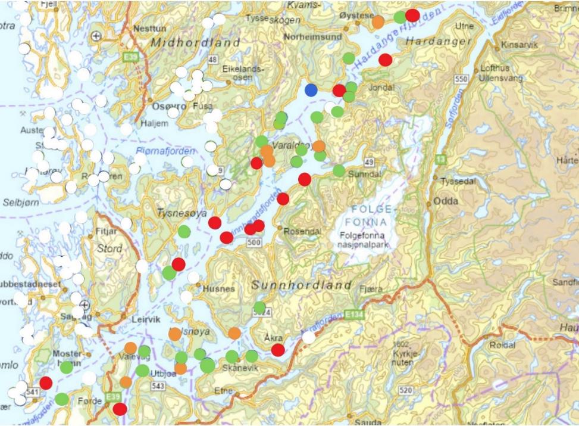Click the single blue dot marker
point(311,90)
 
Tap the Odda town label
point(446,201)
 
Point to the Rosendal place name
point(303,231)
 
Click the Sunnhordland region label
point(302,285)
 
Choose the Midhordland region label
point(195,43)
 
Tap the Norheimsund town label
point(313,36)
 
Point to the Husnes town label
point(219,289)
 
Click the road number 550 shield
point(460,79)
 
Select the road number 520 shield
point(406,390)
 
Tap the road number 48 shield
point(213,60)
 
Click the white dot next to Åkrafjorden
point(308,337)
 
